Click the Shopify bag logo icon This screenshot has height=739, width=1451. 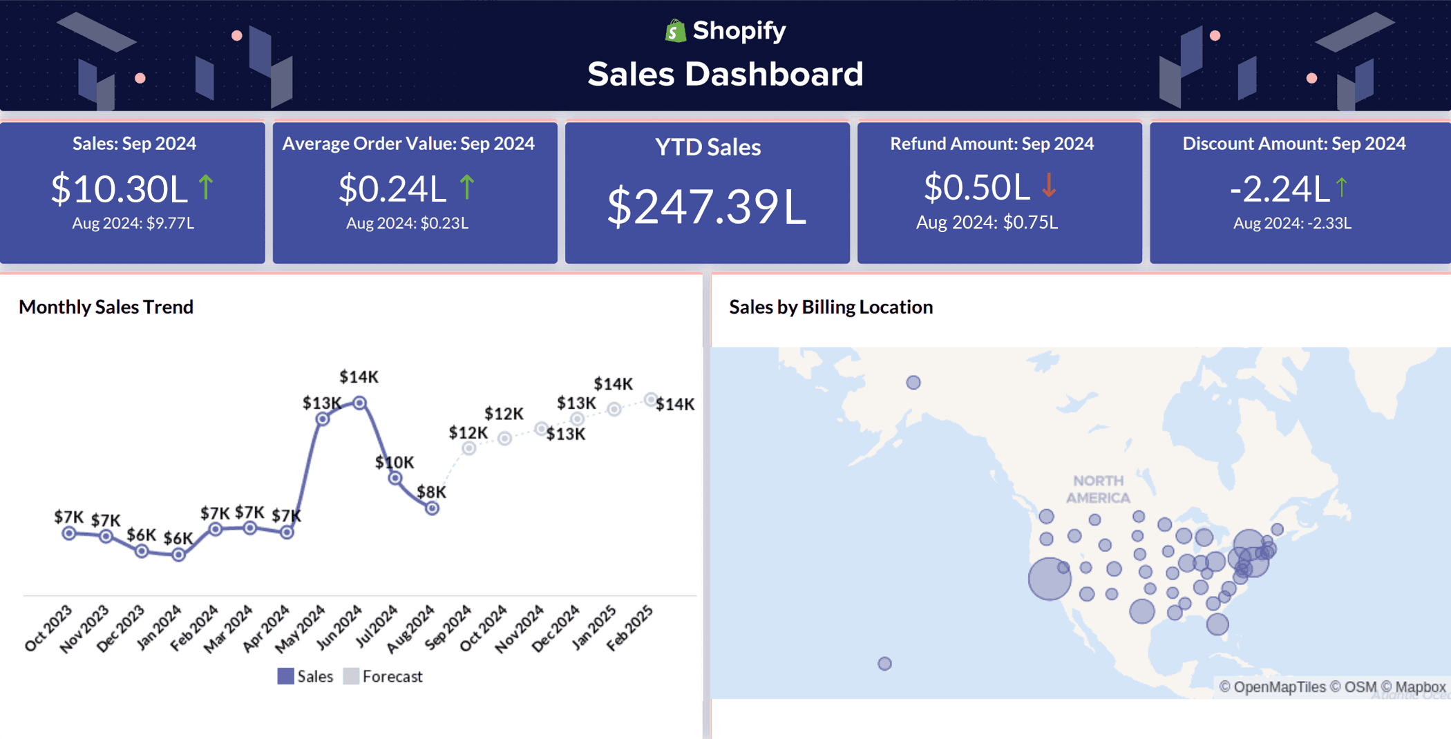675,31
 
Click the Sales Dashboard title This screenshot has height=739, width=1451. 725,74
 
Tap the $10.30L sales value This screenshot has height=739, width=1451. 119,189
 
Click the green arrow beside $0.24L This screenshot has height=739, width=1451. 467,187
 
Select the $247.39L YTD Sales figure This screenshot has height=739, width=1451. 706,207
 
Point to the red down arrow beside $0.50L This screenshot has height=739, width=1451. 1049,186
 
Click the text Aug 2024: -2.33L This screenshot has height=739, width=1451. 1292,223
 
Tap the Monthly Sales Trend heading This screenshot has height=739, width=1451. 106,307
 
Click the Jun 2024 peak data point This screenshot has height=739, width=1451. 359,403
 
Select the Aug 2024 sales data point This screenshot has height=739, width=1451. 432,508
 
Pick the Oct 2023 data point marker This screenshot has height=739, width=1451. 68,533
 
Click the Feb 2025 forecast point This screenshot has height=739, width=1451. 650,399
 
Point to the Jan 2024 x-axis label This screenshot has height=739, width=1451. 160,626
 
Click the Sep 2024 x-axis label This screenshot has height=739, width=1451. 448,626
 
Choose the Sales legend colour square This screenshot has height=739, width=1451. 285,676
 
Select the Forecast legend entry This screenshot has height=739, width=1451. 383,676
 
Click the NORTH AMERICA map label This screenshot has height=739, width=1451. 1098,489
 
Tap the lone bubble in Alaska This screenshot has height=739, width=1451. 913,383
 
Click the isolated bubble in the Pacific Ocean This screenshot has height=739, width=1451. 884,664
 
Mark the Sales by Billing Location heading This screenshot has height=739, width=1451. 831,307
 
